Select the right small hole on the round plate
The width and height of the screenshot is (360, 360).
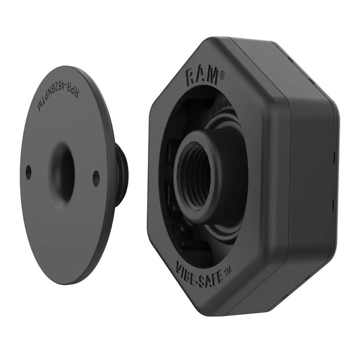click(x=96, y=178)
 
